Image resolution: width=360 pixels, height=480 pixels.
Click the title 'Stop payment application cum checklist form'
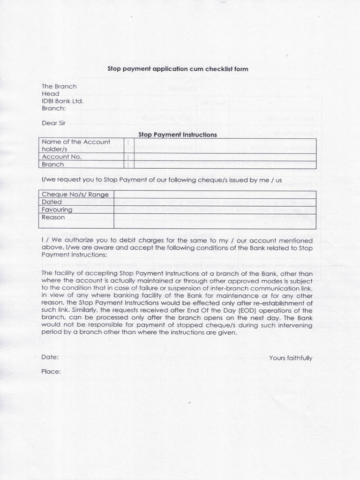point(178,69)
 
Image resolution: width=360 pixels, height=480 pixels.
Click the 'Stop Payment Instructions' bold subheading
point(178,135)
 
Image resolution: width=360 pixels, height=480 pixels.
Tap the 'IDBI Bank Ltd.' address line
point(63,101)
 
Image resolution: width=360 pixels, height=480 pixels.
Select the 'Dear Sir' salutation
point(56,123)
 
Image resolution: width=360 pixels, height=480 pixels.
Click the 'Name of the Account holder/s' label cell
point(81,145)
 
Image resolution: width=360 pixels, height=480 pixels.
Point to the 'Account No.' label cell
point(81,157)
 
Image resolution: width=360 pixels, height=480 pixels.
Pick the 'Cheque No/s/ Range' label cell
point(76,195)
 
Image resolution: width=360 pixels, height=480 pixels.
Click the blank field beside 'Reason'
point(215,221)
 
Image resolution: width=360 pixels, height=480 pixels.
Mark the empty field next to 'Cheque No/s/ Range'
point(215,195)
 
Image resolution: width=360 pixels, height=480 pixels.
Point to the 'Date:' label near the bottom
point(50,357)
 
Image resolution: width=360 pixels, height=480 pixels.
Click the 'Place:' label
point(51,372)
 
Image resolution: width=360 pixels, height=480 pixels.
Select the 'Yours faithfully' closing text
point(291,358)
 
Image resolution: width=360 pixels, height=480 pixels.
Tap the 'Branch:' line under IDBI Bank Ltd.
point(54,108)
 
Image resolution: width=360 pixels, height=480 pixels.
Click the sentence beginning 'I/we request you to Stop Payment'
point(162,180)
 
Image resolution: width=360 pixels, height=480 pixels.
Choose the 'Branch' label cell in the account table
point(81,165)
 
